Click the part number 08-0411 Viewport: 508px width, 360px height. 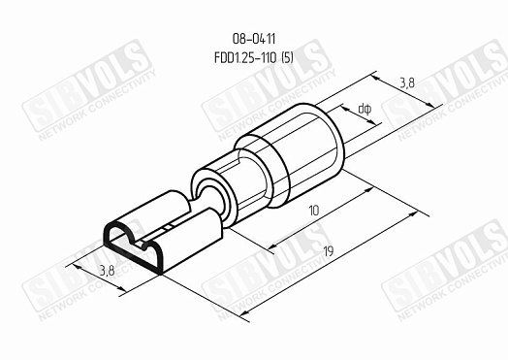(x=254, y=39)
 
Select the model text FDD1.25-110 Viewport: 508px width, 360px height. (x=245, y=58)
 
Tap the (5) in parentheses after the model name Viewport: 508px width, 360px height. (x=287, y=58)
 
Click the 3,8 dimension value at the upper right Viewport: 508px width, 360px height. (x=406, y=83)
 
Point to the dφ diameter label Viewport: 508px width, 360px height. (x=365, y=110)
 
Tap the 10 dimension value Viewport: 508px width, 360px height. (x=313, y=211)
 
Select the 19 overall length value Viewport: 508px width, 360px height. (x=329, y=251)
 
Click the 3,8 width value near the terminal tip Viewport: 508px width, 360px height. (x=108, y=270)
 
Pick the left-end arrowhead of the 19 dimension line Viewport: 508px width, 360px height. (x=245, y=312)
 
